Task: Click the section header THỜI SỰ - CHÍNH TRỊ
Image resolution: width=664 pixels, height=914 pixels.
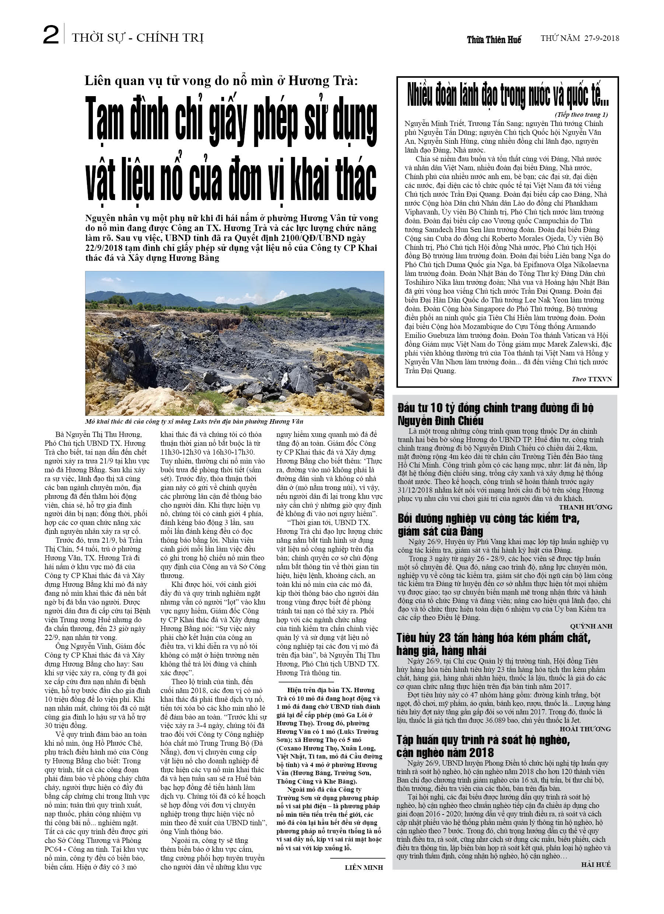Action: pos(137,38)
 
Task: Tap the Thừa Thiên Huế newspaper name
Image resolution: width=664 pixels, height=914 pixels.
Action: pos(494,39)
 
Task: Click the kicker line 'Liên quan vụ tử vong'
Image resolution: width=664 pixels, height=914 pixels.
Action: pos(221,81)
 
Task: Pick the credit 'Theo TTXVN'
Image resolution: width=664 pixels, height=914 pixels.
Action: pos(591,379)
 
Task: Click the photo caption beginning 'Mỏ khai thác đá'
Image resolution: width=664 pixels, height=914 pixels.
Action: pos(194,421)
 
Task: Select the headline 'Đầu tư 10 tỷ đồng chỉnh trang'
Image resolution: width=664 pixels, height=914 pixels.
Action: pos(495,414)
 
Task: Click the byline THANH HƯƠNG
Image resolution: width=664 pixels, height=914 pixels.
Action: pos(586,507)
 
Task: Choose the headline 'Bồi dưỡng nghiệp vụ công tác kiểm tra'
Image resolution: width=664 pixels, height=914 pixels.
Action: pos(488,525)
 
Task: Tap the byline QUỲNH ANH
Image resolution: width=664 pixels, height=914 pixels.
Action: pos(591,626)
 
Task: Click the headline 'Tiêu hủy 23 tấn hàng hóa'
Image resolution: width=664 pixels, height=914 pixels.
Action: pos(493,644)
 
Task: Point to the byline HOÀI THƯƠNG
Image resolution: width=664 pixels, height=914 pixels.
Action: pos(586,729)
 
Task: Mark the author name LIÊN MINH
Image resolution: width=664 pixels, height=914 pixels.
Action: pos(364,867)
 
